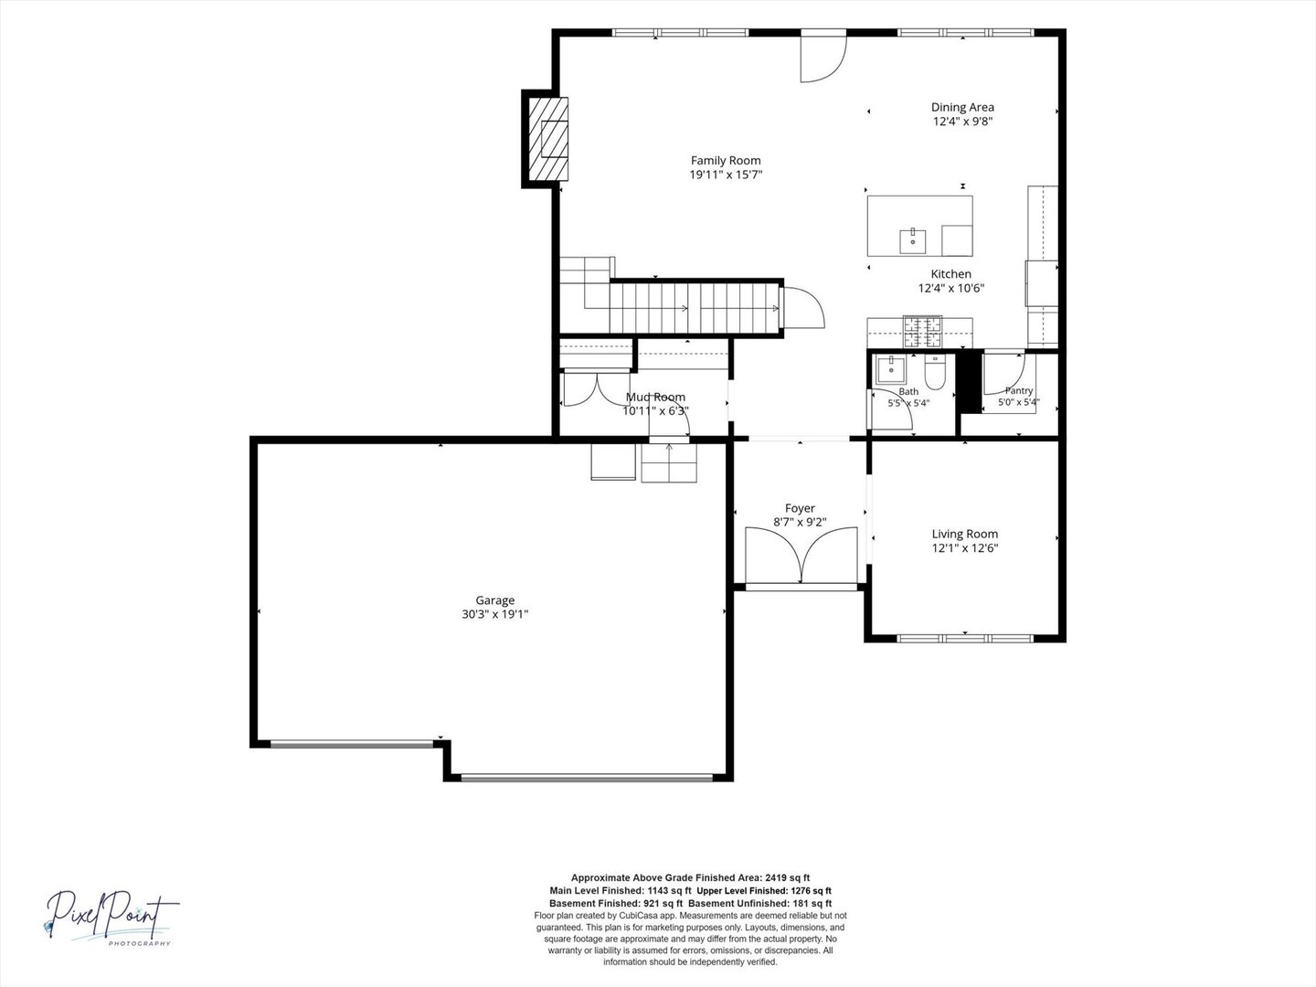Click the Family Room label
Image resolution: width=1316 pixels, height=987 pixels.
pyautogui.click(x=726, y=161)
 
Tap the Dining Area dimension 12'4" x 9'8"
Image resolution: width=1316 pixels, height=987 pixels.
pyautogui.click(x=963, y=122)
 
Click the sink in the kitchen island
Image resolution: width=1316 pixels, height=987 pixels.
pyautogui.click(x=912, y=241)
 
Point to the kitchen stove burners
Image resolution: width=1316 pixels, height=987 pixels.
pyautogui.click(x=923, y=332)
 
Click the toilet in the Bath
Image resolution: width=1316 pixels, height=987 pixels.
pyautogui.click(x=935, y=372)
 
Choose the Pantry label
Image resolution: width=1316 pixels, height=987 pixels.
pyautogui.click(x=1019, y=391)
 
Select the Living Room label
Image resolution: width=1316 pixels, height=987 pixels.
pyautogui.click(x=965, y=534)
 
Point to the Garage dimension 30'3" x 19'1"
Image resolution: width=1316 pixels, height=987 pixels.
pyautogui.click(x=494, y=614)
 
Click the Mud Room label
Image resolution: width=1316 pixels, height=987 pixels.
pyautogui.click(x=655, y=398)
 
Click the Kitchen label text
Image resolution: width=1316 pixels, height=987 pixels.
pyautogui.click(x=950, y=274)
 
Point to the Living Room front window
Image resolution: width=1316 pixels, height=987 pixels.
pyautogui.click(x=965, y=638)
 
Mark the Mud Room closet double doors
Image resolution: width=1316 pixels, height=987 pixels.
pyautogui.click(x=597, y=388)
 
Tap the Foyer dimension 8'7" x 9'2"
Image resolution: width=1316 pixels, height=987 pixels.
pyautogui.click(x=800, y=522)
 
